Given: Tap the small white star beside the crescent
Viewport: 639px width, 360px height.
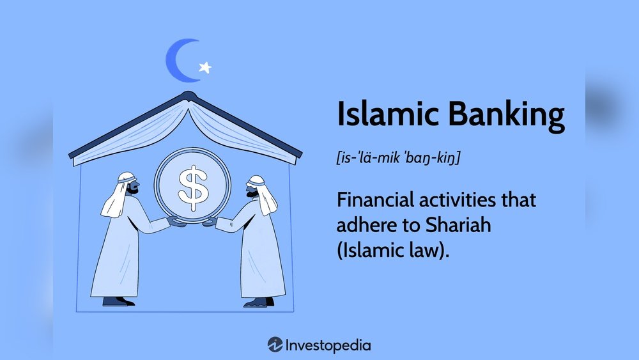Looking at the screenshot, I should point(205,67).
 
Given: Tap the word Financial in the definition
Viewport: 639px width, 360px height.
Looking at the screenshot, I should point(380,200).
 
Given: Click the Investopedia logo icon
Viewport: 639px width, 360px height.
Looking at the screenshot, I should point(275,345).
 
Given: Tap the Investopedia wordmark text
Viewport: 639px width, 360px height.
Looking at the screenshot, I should point(328,345).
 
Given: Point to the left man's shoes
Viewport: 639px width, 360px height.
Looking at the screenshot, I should point(119,301).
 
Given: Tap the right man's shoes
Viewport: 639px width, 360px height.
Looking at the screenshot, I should point(258,301).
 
